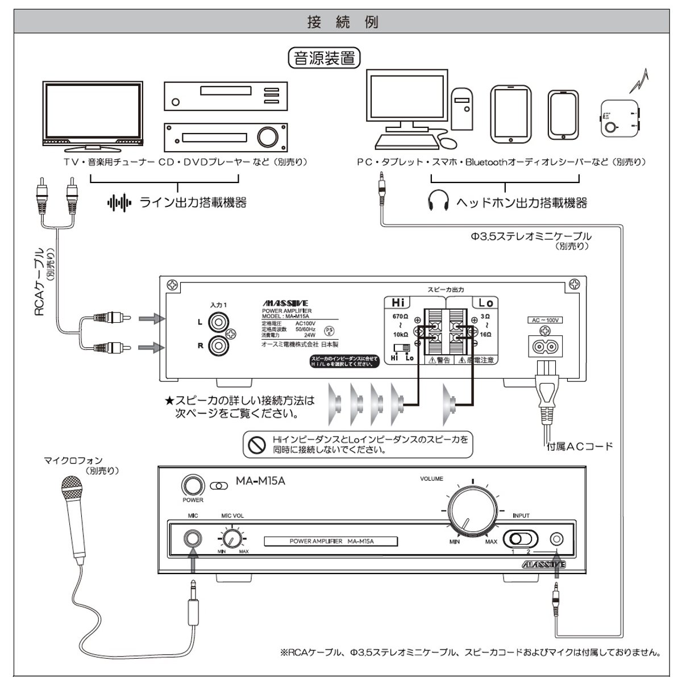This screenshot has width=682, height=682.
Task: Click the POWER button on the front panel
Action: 193,486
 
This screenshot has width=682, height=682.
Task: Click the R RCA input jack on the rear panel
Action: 217,344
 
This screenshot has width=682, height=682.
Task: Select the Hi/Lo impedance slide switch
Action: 402,347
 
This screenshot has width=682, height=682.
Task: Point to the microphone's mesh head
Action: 73,487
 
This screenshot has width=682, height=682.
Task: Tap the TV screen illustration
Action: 93,111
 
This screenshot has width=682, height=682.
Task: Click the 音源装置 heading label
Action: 325,58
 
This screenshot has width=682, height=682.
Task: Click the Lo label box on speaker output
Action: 485,303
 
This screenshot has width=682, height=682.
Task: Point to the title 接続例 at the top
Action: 342,23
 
